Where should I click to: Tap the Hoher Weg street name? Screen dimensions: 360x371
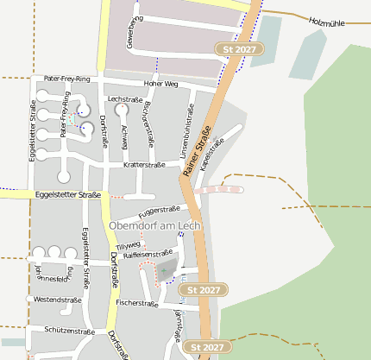point(160,84)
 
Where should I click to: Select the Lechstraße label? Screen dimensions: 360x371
point(125,100)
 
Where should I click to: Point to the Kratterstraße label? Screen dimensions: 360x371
point(144,164)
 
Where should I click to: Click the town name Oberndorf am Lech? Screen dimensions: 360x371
point(154,225)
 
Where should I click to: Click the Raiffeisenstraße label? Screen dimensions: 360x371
point(149,255)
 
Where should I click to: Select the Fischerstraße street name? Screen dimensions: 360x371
point(136,303)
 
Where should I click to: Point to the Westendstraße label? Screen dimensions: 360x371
point(57,300)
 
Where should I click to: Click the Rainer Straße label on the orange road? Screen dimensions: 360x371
point(198,152)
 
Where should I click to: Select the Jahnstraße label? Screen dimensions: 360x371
point(178,326)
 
